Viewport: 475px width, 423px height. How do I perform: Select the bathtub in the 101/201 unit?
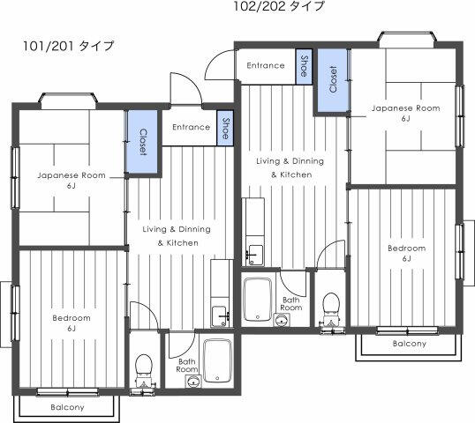tap(217, 360)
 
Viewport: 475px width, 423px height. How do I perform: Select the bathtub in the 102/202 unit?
tap(258, 300)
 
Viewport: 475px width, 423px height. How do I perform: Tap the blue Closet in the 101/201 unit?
tap(143, 142)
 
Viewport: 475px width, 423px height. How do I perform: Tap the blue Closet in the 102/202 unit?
tap(332, 79)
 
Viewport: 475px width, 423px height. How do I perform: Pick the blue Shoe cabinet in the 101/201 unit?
tap(225, 128)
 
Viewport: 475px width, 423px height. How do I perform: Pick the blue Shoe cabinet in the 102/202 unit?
tap(304, 66)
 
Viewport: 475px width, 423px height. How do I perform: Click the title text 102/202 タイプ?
tap(279, 6)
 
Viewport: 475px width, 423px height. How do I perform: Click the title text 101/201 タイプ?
tap(69, 46)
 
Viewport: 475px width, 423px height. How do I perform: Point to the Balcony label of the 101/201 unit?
tap(67, 407)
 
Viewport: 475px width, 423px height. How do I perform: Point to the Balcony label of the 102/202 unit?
tap(410, 344)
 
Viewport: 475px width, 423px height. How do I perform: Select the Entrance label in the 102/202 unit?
tap(266, 65)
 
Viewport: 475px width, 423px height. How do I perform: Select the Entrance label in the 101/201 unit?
tap(192, 127)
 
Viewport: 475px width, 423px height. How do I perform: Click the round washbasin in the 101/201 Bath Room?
tap(192, 382)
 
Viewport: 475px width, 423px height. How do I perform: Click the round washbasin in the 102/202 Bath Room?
tap(282, 320)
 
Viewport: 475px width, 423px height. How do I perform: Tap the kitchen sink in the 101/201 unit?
tap(220, 316)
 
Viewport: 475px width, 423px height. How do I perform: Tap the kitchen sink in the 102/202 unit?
tap(254, 256)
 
